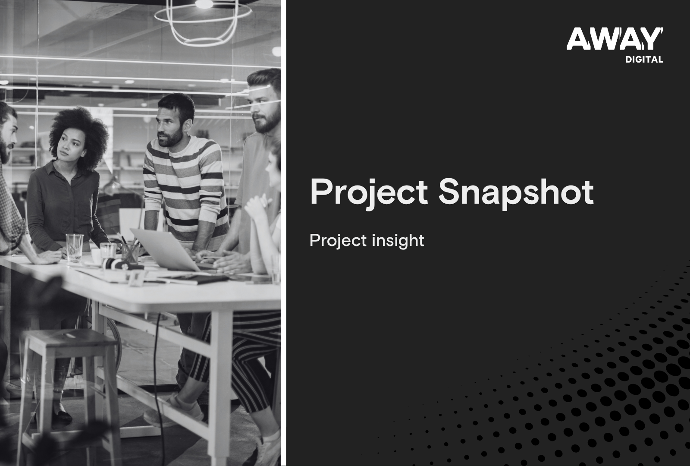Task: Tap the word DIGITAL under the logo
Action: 644,60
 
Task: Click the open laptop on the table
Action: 166,250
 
